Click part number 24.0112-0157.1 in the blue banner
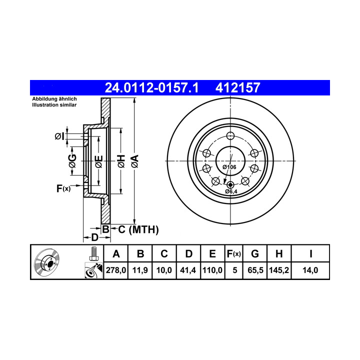tap(151, 87)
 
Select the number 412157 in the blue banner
tap(237, 87)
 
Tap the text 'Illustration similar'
tap(54, 105)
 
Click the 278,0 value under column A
tap(116, 270)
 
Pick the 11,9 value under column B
tap(140, 270)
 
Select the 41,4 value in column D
tap(188, 270)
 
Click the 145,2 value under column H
tap(279, 270)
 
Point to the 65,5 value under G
tap(255, 270)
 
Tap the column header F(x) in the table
tap(233, 254)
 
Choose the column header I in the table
tap(310, 254)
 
